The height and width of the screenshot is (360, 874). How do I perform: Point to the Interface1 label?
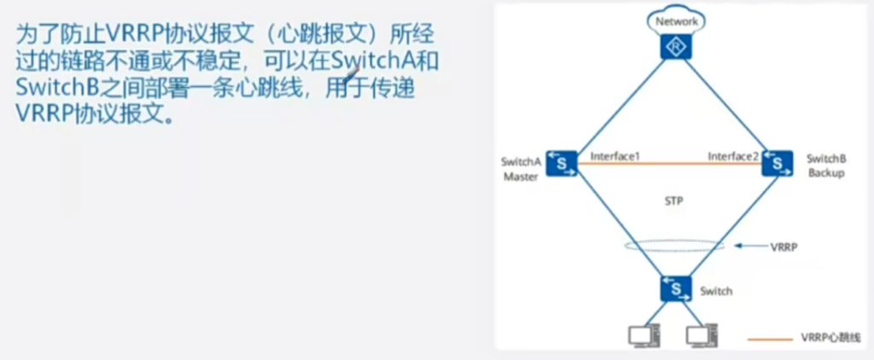click(615, 157)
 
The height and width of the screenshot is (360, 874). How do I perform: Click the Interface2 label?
click(732, 157)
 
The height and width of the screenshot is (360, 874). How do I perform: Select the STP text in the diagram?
click(673, 203)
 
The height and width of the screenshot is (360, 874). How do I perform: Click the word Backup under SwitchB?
click(826, 173)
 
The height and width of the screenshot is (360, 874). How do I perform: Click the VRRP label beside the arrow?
click(783, 246)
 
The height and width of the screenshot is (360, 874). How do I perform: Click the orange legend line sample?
click(770, 340)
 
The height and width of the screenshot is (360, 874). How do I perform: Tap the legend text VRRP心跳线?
click(829, 340)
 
